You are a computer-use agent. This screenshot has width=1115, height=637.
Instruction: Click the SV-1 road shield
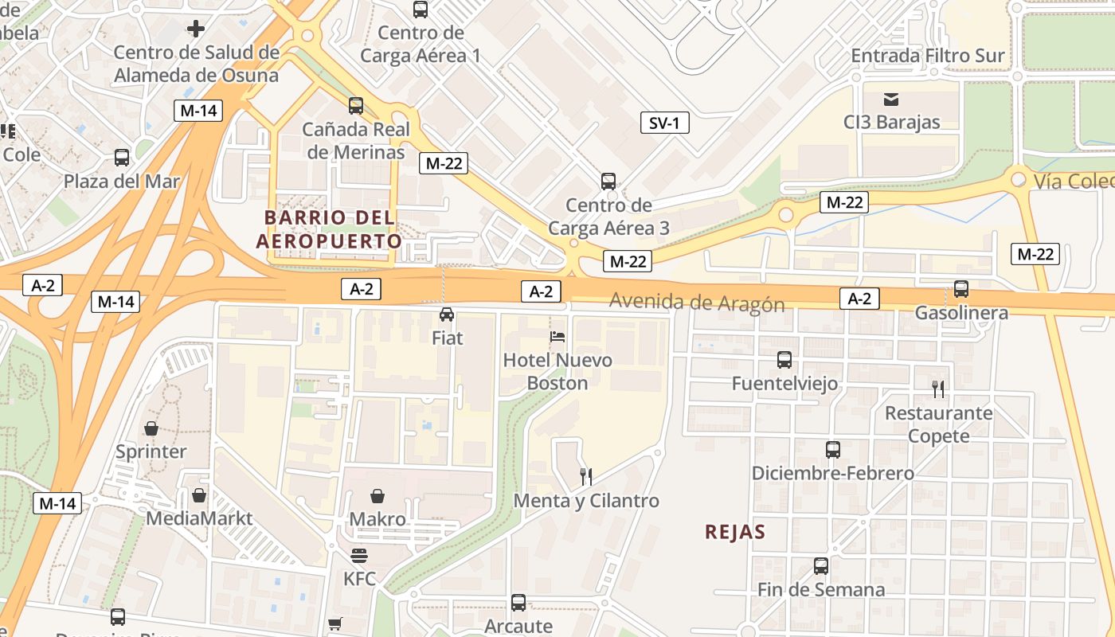(664, 123)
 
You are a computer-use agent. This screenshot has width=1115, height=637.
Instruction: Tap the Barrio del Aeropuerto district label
(329, 229)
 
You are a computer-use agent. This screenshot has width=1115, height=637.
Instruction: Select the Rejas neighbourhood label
(734, 532)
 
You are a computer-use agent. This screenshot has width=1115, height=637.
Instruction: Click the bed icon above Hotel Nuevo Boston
(557, 337)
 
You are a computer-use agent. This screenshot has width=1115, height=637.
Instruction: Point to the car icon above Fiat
(447, 315)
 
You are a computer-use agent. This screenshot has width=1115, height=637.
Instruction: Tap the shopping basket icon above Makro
(378, 496)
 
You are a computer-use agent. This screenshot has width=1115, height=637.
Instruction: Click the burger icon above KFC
(359, 555)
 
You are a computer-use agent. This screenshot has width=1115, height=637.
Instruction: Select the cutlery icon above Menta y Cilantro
(586, 477)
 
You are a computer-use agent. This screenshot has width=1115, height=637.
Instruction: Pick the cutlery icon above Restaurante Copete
(938, 389)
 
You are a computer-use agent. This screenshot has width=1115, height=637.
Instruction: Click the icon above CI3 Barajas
(891, 100)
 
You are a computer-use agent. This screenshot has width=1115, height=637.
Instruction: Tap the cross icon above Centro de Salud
(196, 29)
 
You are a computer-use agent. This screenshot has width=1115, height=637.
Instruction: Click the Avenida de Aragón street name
(697, 303)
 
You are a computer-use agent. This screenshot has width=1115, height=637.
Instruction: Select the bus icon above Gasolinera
(961, 289)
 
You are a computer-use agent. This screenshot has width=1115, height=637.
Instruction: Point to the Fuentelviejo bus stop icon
(784, 360)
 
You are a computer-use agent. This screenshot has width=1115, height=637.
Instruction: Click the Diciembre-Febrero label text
(832, 474)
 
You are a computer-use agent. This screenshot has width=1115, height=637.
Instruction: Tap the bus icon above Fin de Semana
(821, 566)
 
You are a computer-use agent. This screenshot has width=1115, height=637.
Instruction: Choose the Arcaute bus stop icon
(518, 603)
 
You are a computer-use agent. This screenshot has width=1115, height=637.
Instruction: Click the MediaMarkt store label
(199, 518)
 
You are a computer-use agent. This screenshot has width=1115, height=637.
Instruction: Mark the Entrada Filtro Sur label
(928, 56)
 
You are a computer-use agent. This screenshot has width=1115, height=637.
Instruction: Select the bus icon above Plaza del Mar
(122, 158)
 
